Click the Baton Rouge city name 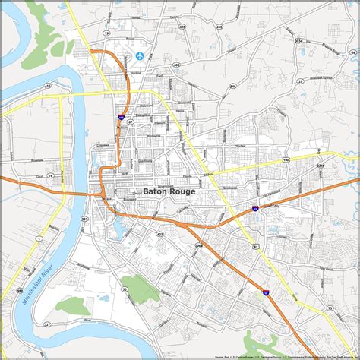[x=169, y=192]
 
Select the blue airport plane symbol [x=139, y=57]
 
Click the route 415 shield [x=47, y=87]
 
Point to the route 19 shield [x=107, y=34]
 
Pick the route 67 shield [x=130, y=121]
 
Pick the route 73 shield [x=329, y=308]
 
